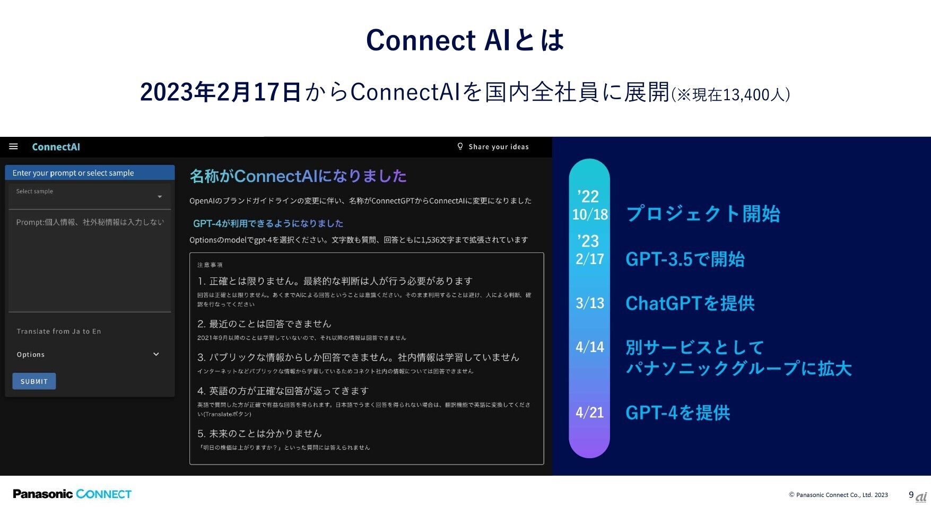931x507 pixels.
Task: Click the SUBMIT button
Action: pyautogui.click(x=34, y=381)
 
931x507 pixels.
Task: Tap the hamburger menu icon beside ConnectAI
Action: pyautogui.click(x=14, y=146)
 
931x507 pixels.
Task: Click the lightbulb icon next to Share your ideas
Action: pyautogui.click(x=460, y=146)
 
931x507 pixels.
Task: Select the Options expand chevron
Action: pyautogui.click(x=156, y=354)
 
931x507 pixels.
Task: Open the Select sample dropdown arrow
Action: pyautogui.click(x=160, y=197)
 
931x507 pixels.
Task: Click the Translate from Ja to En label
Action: pyautogui.click(x=59, y=331)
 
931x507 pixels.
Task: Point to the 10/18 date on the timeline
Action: pyautogui.click(x=590, y=214)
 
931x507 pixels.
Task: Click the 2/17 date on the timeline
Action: pyautogui.click(x=590, y=259)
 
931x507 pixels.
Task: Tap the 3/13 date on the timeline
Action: pyautogui.click(x=590, y=303)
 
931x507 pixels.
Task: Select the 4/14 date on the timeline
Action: pyautogui.click(x=590, y=347)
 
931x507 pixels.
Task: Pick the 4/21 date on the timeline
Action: pyautogui.click(x=590, y=412)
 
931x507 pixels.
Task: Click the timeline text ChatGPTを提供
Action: pyautogui.click(x=690, y=303)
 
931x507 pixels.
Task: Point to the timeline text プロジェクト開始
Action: pyautogui.click(x=703, y=214)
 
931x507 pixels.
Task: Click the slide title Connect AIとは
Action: pyautogui.click(x=465, y=40)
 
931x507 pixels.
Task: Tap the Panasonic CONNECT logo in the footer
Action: pyautogui.click(x=72, y=494)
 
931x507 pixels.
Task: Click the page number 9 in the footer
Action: pyautogui.click(x=911, y=495)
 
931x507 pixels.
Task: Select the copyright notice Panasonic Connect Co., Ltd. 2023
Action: pyautogui.click(x=838, y=495)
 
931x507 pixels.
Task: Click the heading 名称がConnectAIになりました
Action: pyautogui.click(x=298, y=176)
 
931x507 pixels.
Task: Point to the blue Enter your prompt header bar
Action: pyautogui.click(x=90, y=172)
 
